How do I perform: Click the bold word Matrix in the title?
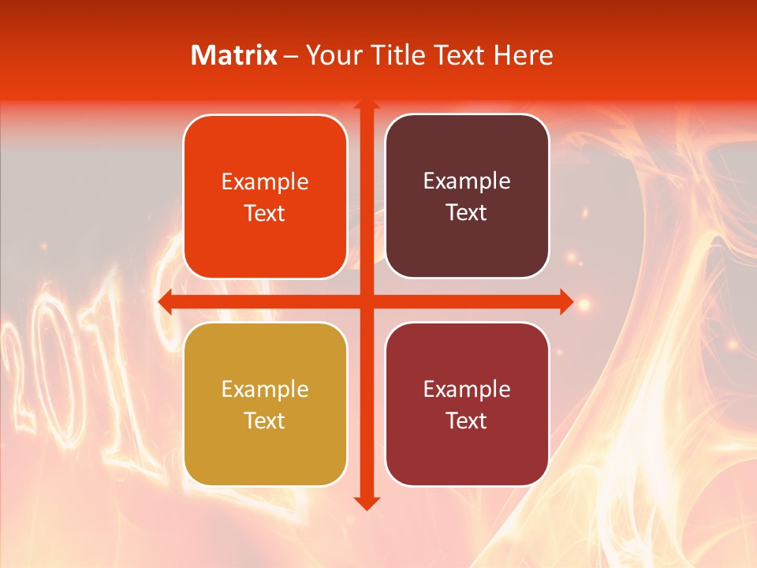click(x=234, y=55)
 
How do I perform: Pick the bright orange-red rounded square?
click(x=265, y=197)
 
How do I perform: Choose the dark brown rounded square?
click(x=467, y=196)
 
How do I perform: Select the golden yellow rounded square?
click(x=265, y=404)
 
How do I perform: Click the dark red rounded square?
click(x=467, y=404)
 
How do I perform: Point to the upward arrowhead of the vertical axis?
click(x=366, y=106)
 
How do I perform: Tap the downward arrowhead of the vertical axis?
click(x=366, y=503)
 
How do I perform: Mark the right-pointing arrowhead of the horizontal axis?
click(x=565, y=301)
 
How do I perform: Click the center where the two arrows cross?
click(x=366, y=301)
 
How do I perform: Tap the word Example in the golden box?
click(x=265, y=389)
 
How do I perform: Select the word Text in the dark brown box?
click(x=467, y=213)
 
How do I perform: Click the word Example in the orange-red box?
click(x=265, y=182)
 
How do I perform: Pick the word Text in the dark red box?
click(x=467, y=420)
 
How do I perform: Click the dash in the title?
click(x=291, y=56)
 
